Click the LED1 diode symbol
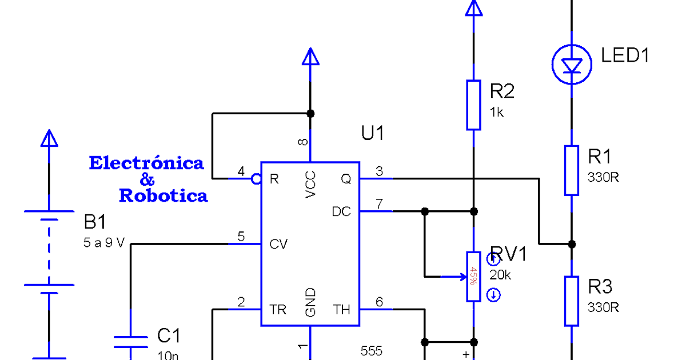click(572, 65)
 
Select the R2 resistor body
click(473, 105)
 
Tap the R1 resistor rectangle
click(572, 170)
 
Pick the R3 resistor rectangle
click(572, 301)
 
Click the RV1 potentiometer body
click(473, 276)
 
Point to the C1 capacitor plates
click(131, 342)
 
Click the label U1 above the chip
click(373, 133)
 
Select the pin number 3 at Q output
click(379, 170)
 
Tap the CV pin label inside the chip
click(278, 245)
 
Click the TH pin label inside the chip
click(342, 310)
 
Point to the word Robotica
click(163, 196)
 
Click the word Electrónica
click(146, 163)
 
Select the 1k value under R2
click(497, 113)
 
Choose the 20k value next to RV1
click(500, 275)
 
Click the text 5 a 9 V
click(103, 243)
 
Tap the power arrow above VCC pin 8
click(310, 57)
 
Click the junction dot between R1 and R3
click(572, 244)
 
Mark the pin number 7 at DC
click(379, 203)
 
